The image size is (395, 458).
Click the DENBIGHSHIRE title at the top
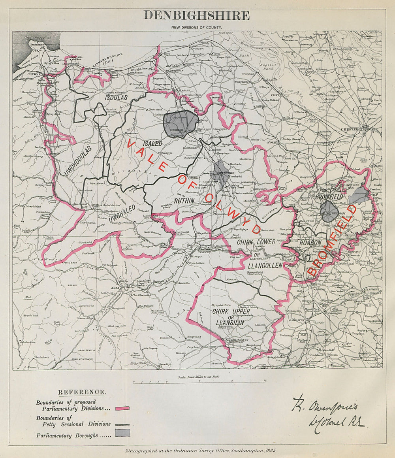[x=196, y=15]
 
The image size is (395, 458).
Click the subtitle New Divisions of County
[x=196, y=27]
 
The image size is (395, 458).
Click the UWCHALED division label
[x=123, y=212]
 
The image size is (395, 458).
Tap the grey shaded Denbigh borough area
[x=181, y=124]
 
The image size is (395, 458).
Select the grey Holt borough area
[x=360, y=195]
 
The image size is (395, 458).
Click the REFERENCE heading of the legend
[x=82, y=392]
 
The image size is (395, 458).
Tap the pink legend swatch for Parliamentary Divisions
[x=122, y=408]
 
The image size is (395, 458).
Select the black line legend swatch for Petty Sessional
[x=122, y=424]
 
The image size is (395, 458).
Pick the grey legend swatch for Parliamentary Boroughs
[x=122, y=433]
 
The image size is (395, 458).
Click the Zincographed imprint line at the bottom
[x=201, y=450]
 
